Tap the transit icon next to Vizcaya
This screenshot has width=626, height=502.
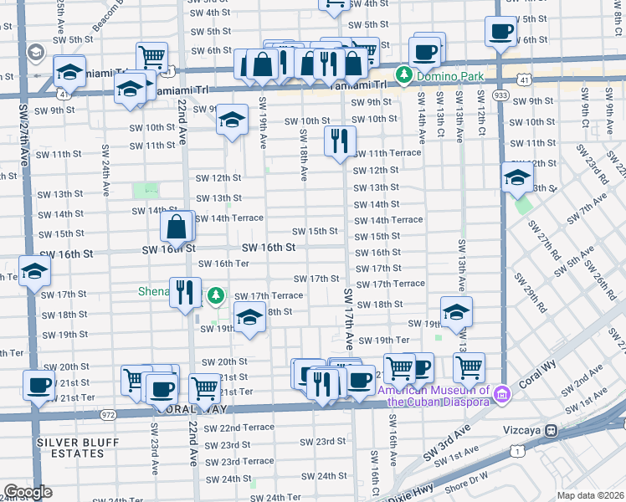pyautogui.click(x=552, y=430)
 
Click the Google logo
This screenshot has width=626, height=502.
pyautogui.click(x=28, y=492)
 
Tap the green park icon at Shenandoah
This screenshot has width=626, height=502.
pyautogui.click(x=216, y=295)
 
